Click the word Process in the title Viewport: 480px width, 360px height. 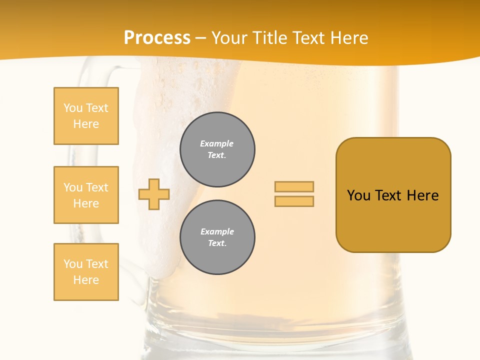157,38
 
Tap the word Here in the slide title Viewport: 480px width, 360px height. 348,38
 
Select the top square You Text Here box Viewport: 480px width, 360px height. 86,116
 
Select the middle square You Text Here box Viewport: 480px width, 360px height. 86,195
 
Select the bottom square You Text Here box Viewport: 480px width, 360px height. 86,272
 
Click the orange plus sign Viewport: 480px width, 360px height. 154,194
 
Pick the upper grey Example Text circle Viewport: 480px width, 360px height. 217,149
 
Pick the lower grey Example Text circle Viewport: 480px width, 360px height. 217,237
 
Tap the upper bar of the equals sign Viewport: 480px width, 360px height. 294,186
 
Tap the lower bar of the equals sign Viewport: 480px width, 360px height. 294,201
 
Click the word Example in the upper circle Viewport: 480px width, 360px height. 217,143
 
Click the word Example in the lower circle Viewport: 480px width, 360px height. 217,231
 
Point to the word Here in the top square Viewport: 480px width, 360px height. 86,124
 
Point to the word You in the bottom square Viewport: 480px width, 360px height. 73,263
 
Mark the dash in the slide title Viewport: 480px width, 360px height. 200,38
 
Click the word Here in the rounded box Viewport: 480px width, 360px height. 422,195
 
